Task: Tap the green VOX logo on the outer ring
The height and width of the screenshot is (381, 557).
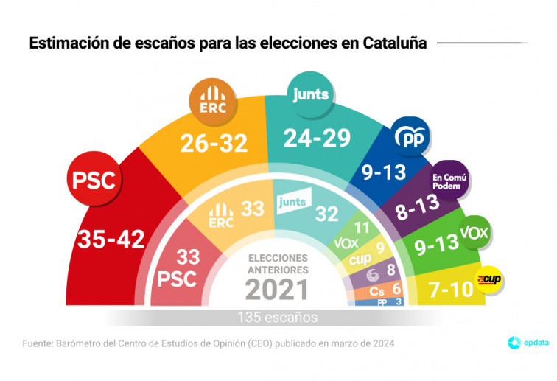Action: point(474,233)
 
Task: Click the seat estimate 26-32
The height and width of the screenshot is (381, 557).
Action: point(214,144)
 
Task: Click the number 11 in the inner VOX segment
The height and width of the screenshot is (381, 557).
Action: point(362,227)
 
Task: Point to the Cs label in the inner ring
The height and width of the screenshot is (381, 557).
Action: point(376,290)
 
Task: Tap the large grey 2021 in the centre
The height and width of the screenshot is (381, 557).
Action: point(277,289)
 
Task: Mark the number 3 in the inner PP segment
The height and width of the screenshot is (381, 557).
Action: point(398,302)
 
